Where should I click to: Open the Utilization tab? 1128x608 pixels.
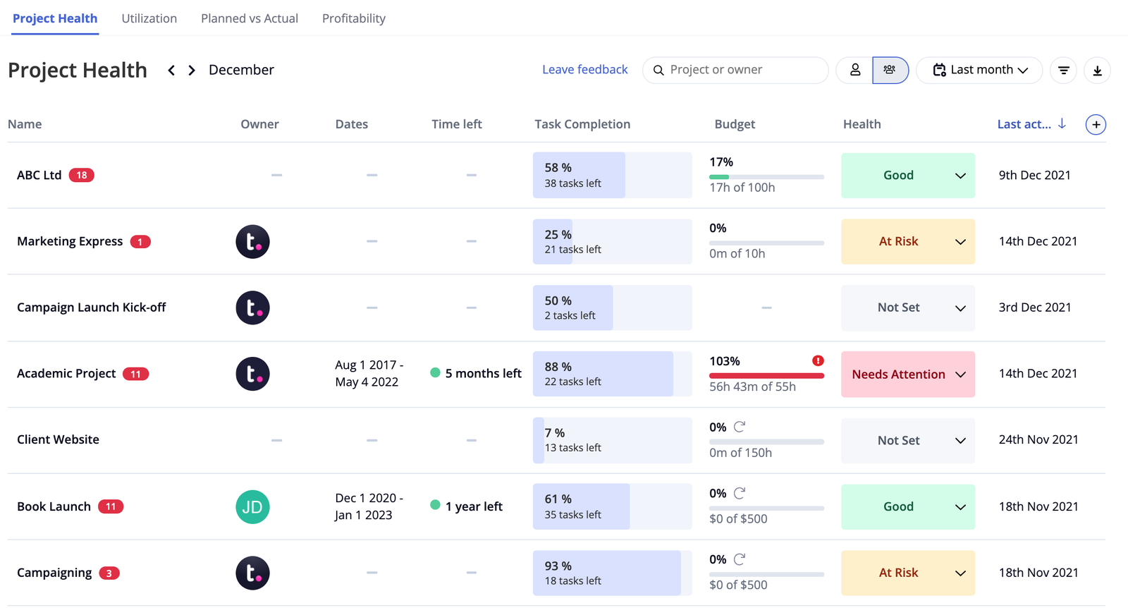point(149,18)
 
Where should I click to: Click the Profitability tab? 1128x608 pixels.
point(353,18)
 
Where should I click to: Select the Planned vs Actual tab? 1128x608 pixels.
point(249,18)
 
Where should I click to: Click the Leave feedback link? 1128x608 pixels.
point(584,70)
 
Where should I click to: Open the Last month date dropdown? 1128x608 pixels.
point(979,70)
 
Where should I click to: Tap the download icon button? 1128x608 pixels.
point(1097,71)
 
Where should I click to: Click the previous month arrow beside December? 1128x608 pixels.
point(171,71)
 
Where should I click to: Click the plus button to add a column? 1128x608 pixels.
point(1096,125)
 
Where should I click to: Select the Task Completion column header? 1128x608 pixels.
point(582,124)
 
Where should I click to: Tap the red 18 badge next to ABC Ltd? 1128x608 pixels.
point(82,175)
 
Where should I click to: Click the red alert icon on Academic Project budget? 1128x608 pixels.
point(818,361)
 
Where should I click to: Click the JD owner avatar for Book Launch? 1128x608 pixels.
point(252,506)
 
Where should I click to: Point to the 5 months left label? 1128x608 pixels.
point(483,374)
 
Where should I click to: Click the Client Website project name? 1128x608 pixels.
point(58,439)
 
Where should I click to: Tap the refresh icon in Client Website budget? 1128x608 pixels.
point(740,427)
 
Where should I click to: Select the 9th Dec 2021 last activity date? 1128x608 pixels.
point(1034,175)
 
